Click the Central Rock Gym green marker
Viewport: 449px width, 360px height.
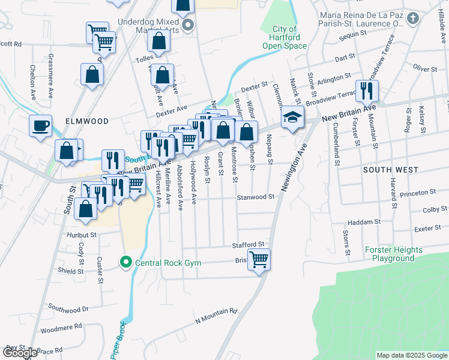point(125,262)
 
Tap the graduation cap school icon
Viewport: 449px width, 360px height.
point(292,118)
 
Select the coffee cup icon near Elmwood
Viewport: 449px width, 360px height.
point(41,126)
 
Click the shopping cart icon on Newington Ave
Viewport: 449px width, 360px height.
point(259,260)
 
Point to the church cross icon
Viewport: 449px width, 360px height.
point(412,19)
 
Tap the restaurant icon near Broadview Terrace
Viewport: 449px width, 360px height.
point(366,91)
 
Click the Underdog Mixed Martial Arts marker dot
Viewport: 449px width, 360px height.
point(188,25)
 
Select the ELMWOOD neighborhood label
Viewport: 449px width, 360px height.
point(88,121)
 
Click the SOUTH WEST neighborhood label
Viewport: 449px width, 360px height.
point(390,170)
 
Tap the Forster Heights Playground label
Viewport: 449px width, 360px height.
point(393,254)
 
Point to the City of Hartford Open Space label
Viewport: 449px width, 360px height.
point(285,37)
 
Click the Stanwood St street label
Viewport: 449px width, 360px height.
point(256,197)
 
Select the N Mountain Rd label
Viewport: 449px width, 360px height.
point(216,316)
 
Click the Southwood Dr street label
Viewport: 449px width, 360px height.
point(68,310)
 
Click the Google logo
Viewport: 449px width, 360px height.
point(19,353)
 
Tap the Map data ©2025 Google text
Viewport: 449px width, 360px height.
point(412,355)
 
